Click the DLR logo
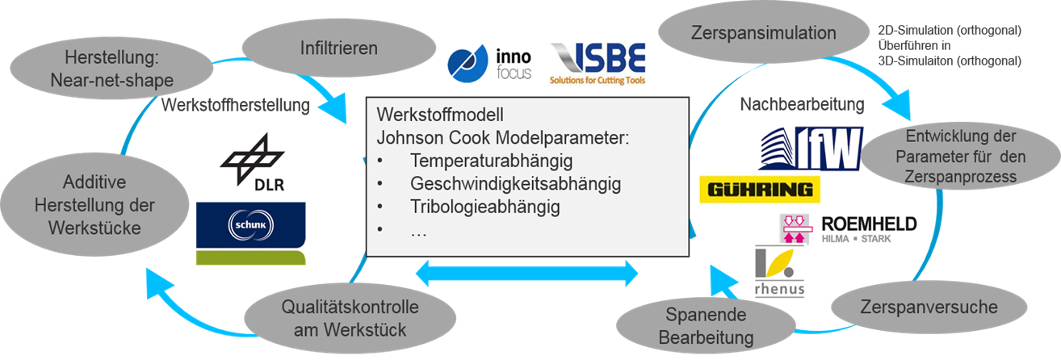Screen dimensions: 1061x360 click(x=253, y=162)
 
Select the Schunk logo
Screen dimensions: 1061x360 click(x=251, y=233)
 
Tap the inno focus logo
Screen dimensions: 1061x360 click(x=489, y=64)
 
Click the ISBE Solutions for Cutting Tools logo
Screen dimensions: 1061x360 click(x=598, y=64)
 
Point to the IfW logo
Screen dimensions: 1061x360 click(x=811, y=149)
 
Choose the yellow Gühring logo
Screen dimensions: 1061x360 click(x=760, y=190)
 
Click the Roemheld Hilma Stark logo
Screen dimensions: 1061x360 click(x=848, y=229)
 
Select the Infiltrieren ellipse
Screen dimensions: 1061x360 click(x=339, y=48)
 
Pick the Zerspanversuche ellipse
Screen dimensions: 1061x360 click(x=929, y=307)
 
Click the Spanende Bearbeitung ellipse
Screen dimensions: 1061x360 click(x=706, y=326)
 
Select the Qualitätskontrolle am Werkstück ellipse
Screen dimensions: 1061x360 click(x=350, y=318)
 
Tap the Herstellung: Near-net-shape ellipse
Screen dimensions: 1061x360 click(x=111, y=69)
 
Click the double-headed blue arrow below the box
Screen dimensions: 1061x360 click(x=526, y=274)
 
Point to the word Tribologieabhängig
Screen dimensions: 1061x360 click(x=485, y=207)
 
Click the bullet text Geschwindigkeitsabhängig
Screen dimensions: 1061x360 click(x=515, y=184)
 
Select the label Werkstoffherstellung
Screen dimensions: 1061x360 click(x=236, y=105)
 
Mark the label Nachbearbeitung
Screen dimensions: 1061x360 click(x=803, y=104)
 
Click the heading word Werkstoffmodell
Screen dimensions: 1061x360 click(x=440, y=115)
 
